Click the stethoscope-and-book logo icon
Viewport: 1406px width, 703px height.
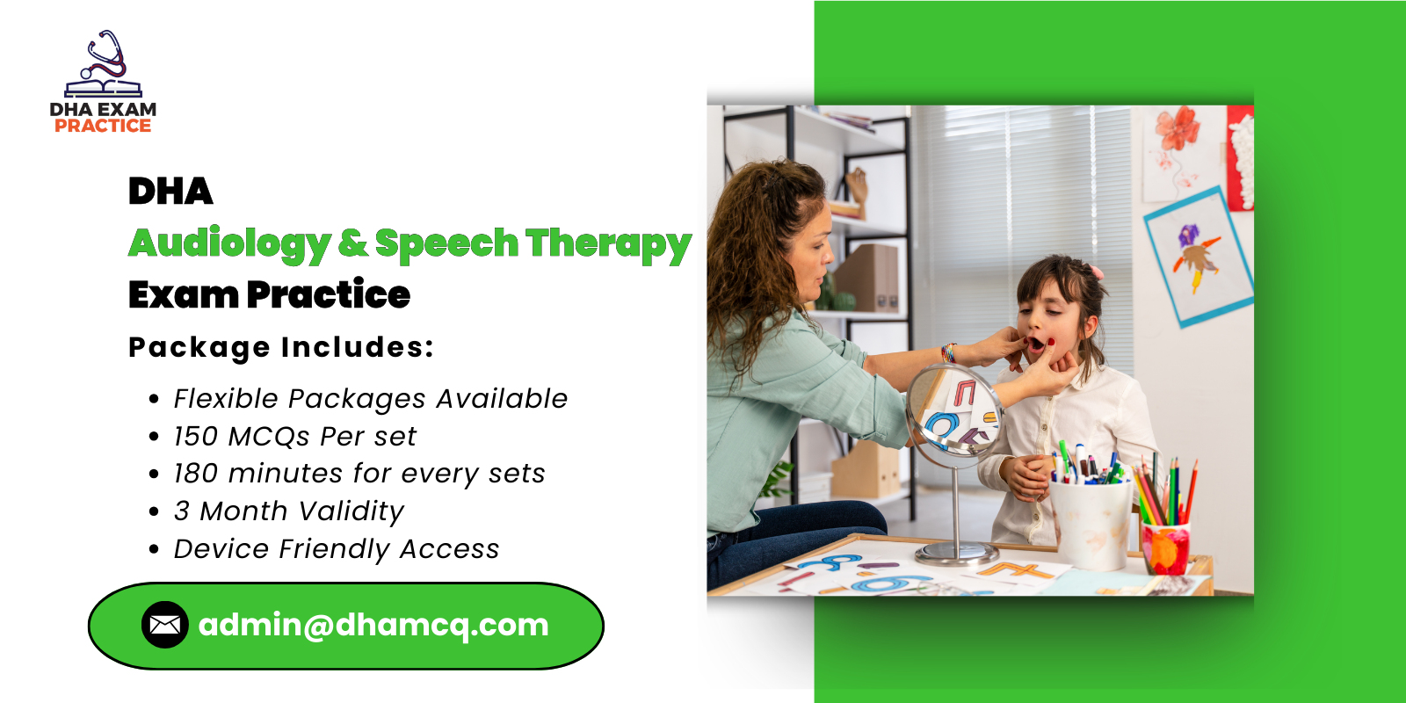104,65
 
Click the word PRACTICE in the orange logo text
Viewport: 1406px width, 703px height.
103,126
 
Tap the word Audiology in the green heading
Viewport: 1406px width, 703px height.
230,243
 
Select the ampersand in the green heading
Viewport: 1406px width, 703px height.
352,243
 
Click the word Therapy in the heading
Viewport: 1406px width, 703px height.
608,243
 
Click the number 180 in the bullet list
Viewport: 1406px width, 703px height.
195,474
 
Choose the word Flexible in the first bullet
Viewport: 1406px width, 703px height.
225,398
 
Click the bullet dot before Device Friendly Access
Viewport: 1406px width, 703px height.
155,550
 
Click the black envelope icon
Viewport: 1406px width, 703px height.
164,625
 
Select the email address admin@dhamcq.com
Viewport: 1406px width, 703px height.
373,625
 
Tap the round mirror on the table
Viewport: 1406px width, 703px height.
953,411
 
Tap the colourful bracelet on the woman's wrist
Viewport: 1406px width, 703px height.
948,353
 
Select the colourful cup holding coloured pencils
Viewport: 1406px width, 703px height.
1165,547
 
